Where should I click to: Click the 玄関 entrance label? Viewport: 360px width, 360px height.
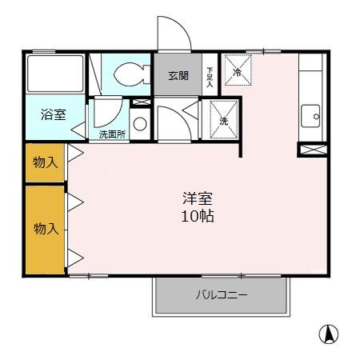tap(178, 76)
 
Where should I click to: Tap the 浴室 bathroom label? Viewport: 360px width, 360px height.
tap(54, 113)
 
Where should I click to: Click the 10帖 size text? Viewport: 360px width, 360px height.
tap(196, 217)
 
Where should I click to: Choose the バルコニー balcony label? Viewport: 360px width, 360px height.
tap(221, 295)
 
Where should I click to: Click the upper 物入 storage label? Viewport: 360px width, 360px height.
tap(45, 162)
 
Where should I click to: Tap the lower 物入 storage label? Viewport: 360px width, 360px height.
tap(45, 228)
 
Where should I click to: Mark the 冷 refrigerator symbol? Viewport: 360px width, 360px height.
tap(237, 70)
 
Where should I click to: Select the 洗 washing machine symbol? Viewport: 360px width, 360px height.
tap(224, 118)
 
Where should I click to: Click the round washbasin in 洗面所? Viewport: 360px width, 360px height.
tap(140, 124)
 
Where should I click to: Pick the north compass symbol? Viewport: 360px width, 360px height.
tap(327, 334)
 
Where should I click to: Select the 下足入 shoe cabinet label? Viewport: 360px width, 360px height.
tap(210, 76)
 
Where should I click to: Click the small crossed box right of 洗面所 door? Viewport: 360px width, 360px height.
tap(141, 102)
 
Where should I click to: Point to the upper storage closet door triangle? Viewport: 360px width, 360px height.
tap(74, 153)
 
